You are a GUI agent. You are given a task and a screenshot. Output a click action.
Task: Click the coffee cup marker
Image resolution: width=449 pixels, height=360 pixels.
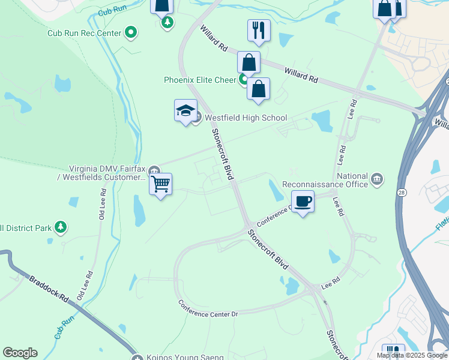[303, 201]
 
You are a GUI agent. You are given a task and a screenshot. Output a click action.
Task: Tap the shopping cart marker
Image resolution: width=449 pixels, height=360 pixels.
[161, 184]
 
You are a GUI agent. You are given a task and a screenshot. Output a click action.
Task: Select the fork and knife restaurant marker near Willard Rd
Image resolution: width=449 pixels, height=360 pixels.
[259, 30]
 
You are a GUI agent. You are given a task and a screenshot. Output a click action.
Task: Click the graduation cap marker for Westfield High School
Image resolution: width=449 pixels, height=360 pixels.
[186, 110]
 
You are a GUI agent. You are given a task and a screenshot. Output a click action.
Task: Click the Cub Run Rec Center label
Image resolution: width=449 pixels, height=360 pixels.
[85, 33]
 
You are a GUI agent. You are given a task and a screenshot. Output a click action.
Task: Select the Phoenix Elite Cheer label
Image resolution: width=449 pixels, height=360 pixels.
[201, 80]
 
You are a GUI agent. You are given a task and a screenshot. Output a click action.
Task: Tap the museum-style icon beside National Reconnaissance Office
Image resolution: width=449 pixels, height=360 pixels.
[378, 178]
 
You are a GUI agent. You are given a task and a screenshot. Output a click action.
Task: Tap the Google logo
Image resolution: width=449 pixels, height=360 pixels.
[20, 353]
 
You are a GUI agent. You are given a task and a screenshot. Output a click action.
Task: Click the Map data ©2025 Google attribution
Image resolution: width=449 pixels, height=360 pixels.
[412, 355]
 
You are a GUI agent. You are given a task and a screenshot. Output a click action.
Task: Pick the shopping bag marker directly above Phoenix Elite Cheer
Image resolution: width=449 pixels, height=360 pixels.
[249, 62]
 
